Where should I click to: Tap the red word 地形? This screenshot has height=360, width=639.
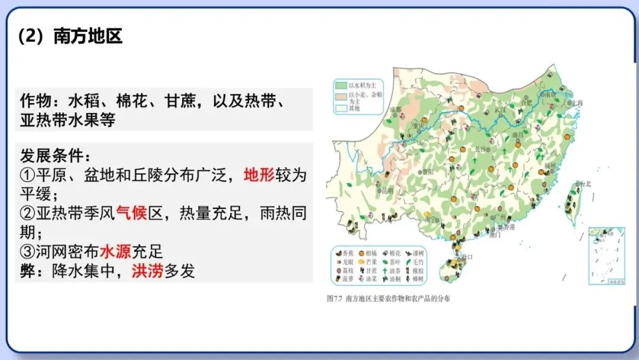pos(260,175)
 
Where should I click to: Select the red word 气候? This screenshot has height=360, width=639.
pos(131,213)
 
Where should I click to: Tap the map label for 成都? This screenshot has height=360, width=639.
pos(396,111)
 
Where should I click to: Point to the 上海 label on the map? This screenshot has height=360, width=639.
pos(577,103)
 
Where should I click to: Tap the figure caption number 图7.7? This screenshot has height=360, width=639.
pos(335,299)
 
